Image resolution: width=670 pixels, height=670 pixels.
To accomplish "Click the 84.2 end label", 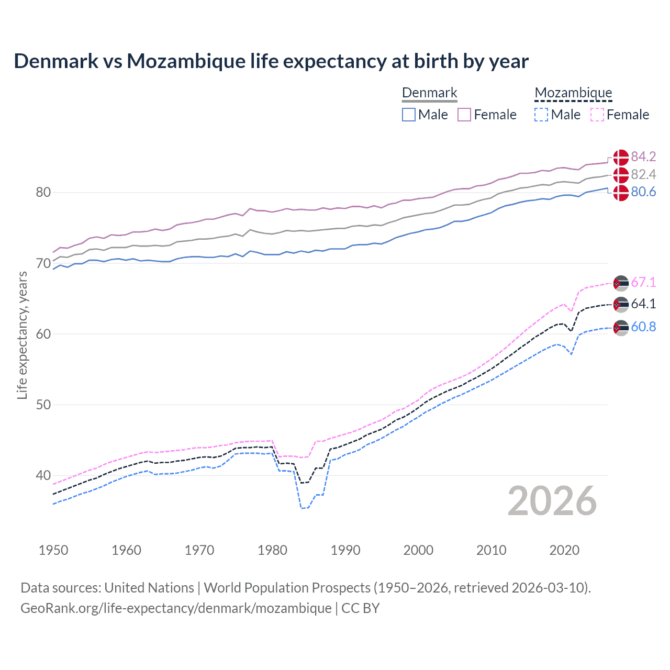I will [643, 157].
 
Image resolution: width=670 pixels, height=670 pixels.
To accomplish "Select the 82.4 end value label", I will [643, 174].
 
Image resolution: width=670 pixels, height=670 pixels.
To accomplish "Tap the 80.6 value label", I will [643, 192].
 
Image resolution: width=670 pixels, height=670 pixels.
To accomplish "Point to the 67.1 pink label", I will [643, 282].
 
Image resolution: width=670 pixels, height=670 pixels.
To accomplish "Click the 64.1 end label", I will [643, 304].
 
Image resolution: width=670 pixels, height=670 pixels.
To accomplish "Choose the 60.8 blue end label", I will [643, 327].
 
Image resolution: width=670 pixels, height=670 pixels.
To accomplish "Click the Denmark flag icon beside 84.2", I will [621, 157].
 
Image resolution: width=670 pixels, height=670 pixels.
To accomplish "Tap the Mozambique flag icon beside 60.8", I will [621, 328].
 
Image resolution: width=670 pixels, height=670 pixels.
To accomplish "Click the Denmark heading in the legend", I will [429, 93].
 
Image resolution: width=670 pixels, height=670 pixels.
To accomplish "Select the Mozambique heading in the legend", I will [573, 93].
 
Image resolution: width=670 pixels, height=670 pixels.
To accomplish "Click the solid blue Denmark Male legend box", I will [409, 115].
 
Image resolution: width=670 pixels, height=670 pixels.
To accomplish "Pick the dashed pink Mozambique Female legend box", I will [597, 115].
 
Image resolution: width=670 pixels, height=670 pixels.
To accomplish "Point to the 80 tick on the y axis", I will [43, 192].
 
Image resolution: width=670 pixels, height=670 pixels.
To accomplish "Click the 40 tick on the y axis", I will [43, 475].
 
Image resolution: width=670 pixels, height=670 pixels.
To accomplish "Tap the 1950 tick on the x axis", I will [53, 550].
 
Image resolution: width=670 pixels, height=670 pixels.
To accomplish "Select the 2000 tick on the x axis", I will [418, 550].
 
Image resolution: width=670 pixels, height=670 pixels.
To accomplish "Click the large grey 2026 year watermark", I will [552, 501].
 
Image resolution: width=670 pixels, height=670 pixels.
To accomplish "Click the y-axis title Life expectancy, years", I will [22, 335].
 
